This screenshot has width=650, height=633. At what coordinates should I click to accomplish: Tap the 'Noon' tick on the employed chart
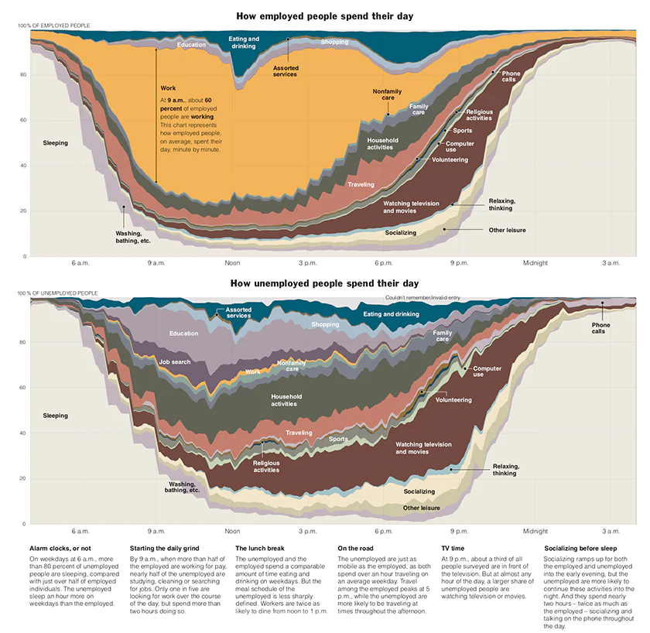(232, 263)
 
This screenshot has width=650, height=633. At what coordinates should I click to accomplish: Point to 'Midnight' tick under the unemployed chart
(535, 531)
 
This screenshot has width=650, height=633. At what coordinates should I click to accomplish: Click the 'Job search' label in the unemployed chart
(175, 361)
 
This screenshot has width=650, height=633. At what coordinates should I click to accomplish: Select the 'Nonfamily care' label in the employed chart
(388, 94)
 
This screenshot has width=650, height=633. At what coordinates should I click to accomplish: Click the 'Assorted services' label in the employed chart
(286, 71)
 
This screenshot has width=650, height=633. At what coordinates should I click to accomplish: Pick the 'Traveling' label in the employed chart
(361, 185)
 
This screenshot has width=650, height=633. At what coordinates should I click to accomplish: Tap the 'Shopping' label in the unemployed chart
(326, 324)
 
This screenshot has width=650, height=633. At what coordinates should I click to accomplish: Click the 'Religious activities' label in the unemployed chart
(266, 466)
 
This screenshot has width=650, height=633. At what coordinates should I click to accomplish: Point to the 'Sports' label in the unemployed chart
(338, 439)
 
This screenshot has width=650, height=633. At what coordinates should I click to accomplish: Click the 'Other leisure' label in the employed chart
(508, 230)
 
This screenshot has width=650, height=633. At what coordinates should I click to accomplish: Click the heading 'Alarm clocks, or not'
(60, 548)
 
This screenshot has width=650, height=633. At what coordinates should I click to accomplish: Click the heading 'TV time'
(453, 548)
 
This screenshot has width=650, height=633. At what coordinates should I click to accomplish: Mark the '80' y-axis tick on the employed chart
(23, 74)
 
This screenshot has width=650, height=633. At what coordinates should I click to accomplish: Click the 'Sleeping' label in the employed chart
(56, 143)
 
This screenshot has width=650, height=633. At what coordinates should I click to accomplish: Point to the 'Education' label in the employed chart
(191, 45)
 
